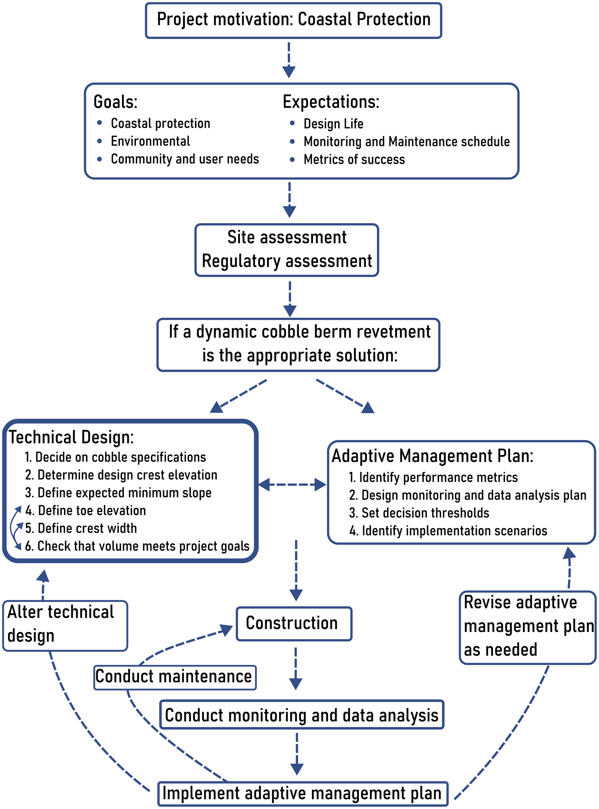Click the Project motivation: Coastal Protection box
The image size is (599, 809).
(x=293, y=20)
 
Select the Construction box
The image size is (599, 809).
(x=294, y=623)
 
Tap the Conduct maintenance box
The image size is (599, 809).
(x=174, y=677)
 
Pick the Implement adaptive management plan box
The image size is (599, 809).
(x=302, y=793)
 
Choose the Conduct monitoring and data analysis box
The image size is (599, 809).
(x=302, y=715)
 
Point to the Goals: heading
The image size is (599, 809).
(x=115, y=102)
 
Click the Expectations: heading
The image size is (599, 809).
(x=331, y=102)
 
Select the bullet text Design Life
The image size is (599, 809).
(x=333, y=124)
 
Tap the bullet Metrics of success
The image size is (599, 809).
(x=354, y=160)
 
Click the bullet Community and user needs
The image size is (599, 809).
(x=185, y=159)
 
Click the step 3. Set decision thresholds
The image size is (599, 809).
(x=419, y=513)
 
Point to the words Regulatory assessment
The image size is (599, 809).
(x=287, y=261)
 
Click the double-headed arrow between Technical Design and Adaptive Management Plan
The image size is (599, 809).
(x=292, y=485)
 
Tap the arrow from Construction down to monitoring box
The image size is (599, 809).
(x=296, y=668)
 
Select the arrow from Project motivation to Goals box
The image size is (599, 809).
(x=289, y=60)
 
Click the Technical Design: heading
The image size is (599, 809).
(x=71, y=437)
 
